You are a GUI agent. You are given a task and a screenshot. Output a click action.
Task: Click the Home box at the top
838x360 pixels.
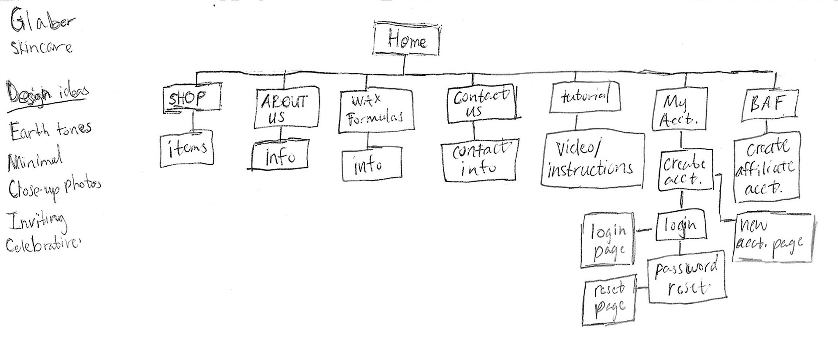pos(406,40)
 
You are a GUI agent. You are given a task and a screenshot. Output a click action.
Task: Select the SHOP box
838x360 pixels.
pos(192,99)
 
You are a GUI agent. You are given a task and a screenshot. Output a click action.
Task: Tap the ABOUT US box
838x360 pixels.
pos(286,108)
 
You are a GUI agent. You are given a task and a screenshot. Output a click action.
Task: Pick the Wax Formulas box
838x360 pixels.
pos(376,110)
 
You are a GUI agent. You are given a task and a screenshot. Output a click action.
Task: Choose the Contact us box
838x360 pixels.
pos(481,105)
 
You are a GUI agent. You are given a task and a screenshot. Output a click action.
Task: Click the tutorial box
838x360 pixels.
pos(585,97)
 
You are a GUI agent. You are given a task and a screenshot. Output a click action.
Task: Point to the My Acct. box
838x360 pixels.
pos(680,110)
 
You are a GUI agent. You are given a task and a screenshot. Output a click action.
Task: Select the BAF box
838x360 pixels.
pos(769,105)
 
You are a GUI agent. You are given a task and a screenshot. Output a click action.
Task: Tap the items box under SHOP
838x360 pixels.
pos(187,148)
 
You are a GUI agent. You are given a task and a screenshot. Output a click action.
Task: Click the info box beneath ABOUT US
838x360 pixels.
pos(280,156)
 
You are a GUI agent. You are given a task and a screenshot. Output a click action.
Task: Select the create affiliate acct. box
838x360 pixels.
pos(766,168)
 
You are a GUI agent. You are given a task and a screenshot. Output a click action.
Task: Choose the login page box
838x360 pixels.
pos(608,240)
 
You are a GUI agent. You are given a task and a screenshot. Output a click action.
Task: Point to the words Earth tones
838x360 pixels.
pos(50,130)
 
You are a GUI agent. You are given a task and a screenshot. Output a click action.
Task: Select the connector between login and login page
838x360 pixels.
pos(645,230)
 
